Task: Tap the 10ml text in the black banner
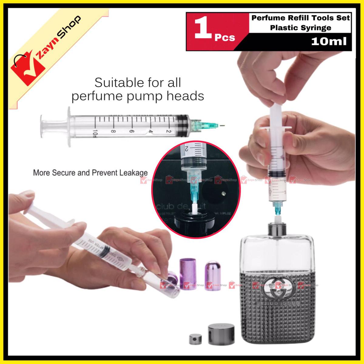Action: coord(329,41)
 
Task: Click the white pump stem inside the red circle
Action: coord(195,210)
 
